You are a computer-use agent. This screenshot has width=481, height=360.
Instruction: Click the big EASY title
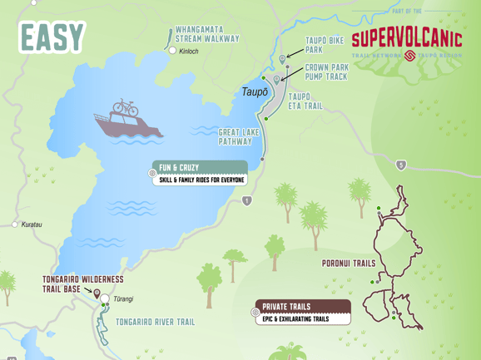[x=52, y=37]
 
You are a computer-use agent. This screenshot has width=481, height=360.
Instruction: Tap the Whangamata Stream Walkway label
[x=207, y=34]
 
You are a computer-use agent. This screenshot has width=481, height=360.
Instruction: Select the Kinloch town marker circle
[x=172, y=51]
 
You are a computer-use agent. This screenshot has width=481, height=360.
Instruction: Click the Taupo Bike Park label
[x=324, y=44]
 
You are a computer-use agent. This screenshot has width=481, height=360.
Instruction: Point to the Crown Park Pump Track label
[x=326, y=72]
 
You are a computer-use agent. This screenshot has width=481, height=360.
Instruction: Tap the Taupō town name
[x=255, y=91]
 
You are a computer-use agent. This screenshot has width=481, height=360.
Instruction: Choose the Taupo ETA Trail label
[x=305, y=101]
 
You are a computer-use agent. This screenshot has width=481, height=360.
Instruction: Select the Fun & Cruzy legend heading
[x=180, y=168]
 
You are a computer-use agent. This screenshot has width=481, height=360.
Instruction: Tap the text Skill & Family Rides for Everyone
[x=202, y=180]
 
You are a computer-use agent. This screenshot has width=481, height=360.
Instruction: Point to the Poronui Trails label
[x=348, y=264]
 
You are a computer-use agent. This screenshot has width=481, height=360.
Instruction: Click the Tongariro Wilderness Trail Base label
[x=82, y=284]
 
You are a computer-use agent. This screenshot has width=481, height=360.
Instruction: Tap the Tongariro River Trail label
[x=155, y=322]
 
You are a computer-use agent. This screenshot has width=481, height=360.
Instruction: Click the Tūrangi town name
[x=122, y=299]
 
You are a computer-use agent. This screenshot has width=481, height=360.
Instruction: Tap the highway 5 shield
[x=401, y=165]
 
